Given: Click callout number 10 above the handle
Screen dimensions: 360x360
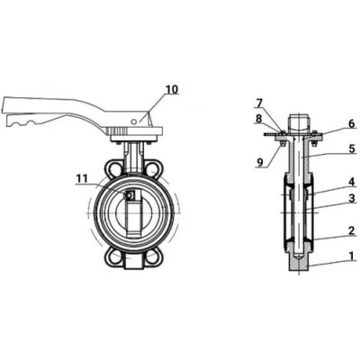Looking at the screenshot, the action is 172,89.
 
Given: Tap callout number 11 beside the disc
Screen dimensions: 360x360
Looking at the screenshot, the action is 81,179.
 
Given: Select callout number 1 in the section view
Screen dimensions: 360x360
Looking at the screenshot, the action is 352,256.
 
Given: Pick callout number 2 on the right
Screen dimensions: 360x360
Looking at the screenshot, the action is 352,230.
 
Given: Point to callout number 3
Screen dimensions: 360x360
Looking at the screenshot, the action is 352,198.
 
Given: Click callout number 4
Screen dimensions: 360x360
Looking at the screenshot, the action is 352,182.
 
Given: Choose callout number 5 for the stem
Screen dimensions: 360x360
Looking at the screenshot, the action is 352,149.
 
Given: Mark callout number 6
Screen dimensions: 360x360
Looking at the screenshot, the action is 352,123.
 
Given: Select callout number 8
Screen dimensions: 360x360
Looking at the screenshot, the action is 259,118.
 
